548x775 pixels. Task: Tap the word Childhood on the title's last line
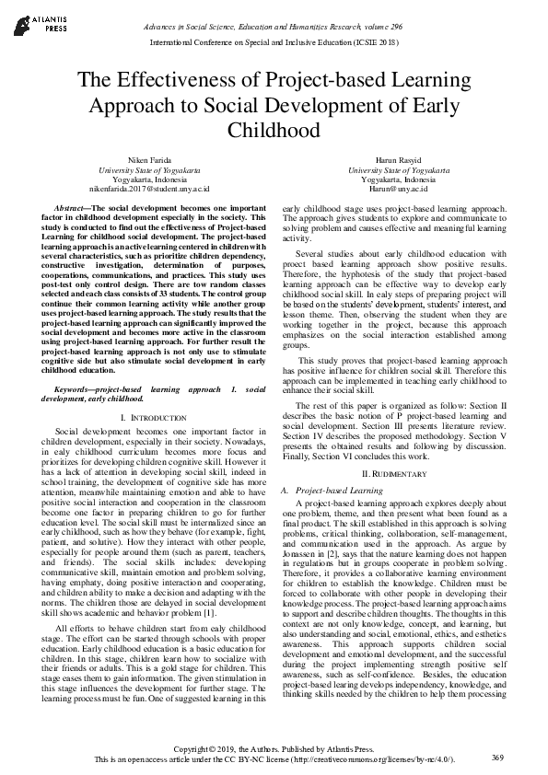pos(274,130)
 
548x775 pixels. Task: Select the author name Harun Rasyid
pos(392,160)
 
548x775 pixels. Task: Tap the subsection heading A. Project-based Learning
pos(337,491)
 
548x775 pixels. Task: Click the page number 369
pos(497,757)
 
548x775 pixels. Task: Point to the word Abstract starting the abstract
pos(73,210)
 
